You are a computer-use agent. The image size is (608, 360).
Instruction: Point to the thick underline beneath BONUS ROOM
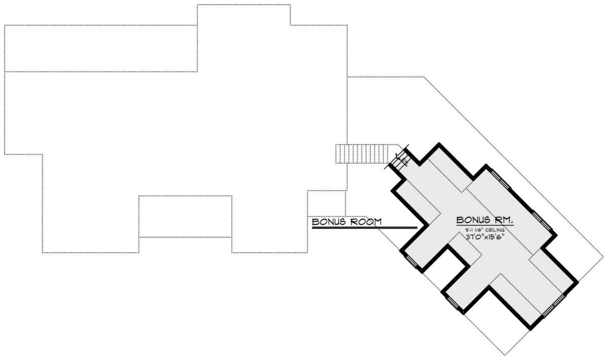(364, 228)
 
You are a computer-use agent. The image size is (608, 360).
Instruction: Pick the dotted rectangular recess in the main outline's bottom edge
(185, 217)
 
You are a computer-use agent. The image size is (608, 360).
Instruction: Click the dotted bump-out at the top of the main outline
(243, 15)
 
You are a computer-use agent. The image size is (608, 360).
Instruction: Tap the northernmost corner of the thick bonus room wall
(438, 144)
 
